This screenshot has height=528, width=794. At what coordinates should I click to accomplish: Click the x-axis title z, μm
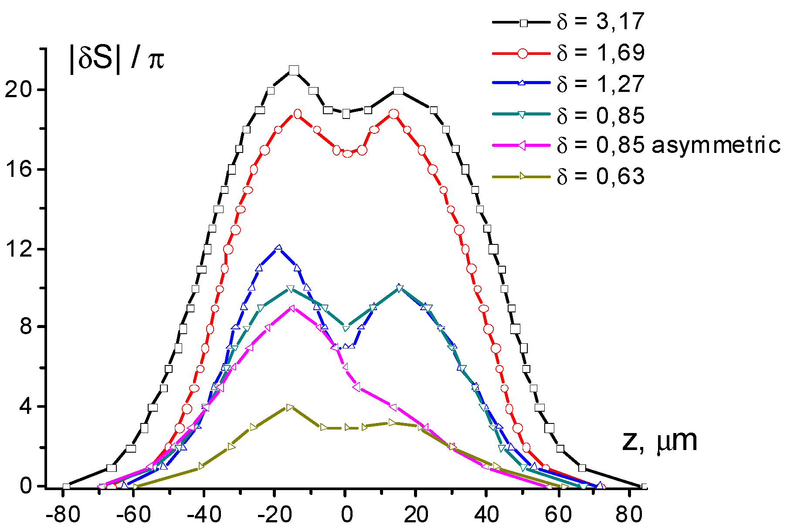659,441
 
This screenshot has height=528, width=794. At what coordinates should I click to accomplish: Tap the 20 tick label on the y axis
18,90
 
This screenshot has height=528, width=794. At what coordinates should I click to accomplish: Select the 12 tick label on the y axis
18,249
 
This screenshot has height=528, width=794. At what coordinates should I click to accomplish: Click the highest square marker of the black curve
294,71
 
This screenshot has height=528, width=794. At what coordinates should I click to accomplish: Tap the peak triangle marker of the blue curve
278,248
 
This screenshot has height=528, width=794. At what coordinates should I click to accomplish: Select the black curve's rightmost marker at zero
644,487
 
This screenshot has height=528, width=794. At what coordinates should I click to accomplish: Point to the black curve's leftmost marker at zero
66,487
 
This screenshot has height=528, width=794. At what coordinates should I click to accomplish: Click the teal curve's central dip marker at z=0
346,328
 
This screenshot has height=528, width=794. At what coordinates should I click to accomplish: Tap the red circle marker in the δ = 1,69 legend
523,53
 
